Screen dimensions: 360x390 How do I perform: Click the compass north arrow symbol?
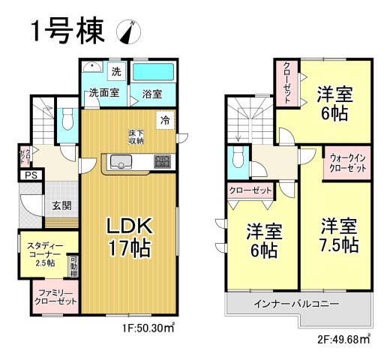129,32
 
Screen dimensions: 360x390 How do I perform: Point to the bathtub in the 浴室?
154,73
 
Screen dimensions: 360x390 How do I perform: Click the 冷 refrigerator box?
164,120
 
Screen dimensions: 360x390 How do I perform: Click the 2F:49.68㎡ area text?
343,340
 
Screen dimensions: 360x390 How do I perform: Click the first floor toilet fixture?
67,120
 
